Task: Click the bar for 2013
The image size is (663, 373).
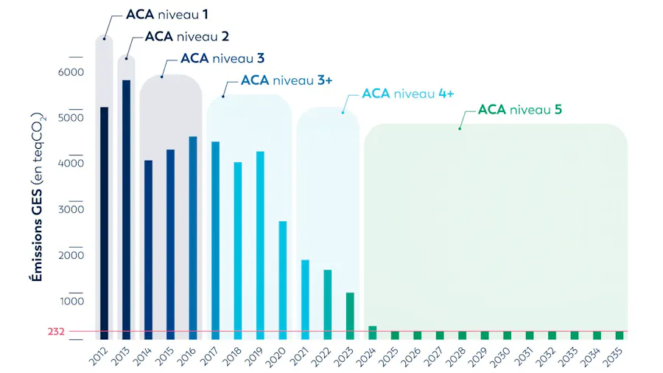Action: tap(126, 210)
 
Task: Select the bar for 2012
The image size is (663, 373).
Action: tap(104, 223)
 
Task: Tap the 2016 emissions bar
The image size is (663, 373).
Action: tap(193, 238)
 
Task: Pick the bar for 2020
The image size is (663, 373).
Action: tap(282, 280)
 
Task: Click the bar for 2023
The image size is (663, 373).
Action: tap(350, 316)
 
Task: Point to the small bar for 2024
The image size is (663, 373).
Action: tap(372, 332)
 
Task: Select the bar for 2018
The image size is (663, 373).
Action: tap(238, 251)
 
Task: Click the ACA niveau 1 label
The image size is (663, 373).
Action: tap(167, 15)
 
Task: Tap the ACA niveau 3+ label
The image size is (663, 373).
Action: tap(287, 80)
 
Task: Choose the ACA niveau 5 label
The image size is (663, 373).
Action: tap(519, 110)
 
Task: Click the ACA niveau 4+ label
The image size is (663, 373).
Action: tap(407, 94)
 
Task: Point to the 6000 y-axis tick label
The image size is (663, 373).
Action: tap(71, 72)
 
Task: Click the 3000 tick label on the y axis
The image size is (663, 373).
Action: tap(71, 209)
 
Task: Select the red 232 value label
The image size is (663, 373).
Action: tap(56, 332)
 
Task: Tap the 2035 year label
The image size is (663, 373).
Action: tap(613, 357)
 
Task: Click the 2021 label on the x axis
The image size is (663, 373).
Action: tap(300, 357)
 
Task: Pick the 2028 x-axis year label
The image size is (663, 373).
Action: tap(456, 357)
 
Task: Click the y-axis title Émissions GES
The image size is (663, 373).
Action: tap(37, 236)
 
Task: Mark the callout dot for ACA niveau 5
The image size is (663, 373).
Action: tap(460, 128)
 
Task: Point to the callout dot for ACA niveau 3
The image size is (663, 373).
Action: tap(161, 77)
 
